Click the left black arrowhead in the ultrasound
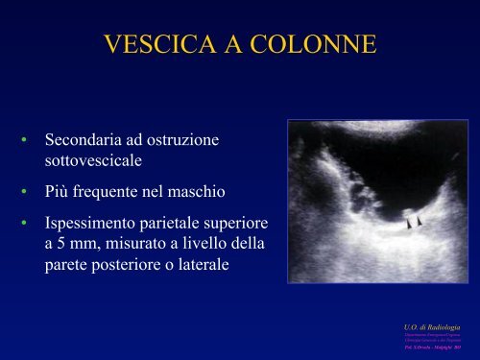pyautogui.click(x=408, y=224)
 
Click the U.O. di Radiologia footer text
pyautogui.click(x=424, y=329)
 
